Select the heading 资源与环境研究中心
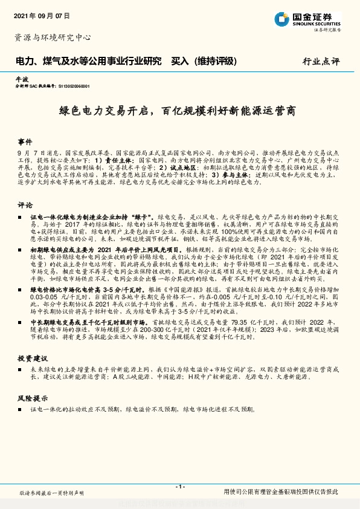click(53, 37)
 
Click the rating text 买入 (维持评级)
click(204, 61)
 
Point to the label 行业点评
click(321, 62)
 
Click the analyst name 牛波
click(22, 79)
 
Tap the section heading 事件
click(25, 138)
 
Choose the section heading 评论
click(25, 205)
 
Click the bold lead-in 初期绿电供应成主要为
click(69, 249)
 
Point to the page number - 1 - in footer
click(179, 487)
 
